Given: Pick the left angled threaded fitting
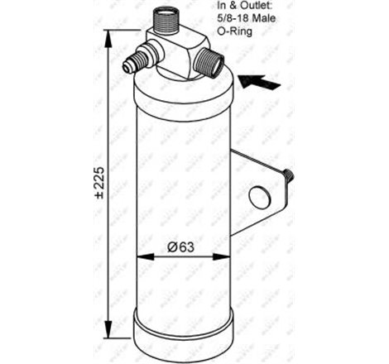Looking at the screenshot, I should click(136, 61).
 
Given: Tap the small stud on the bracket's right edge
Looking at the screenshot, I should click(287, 175).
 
